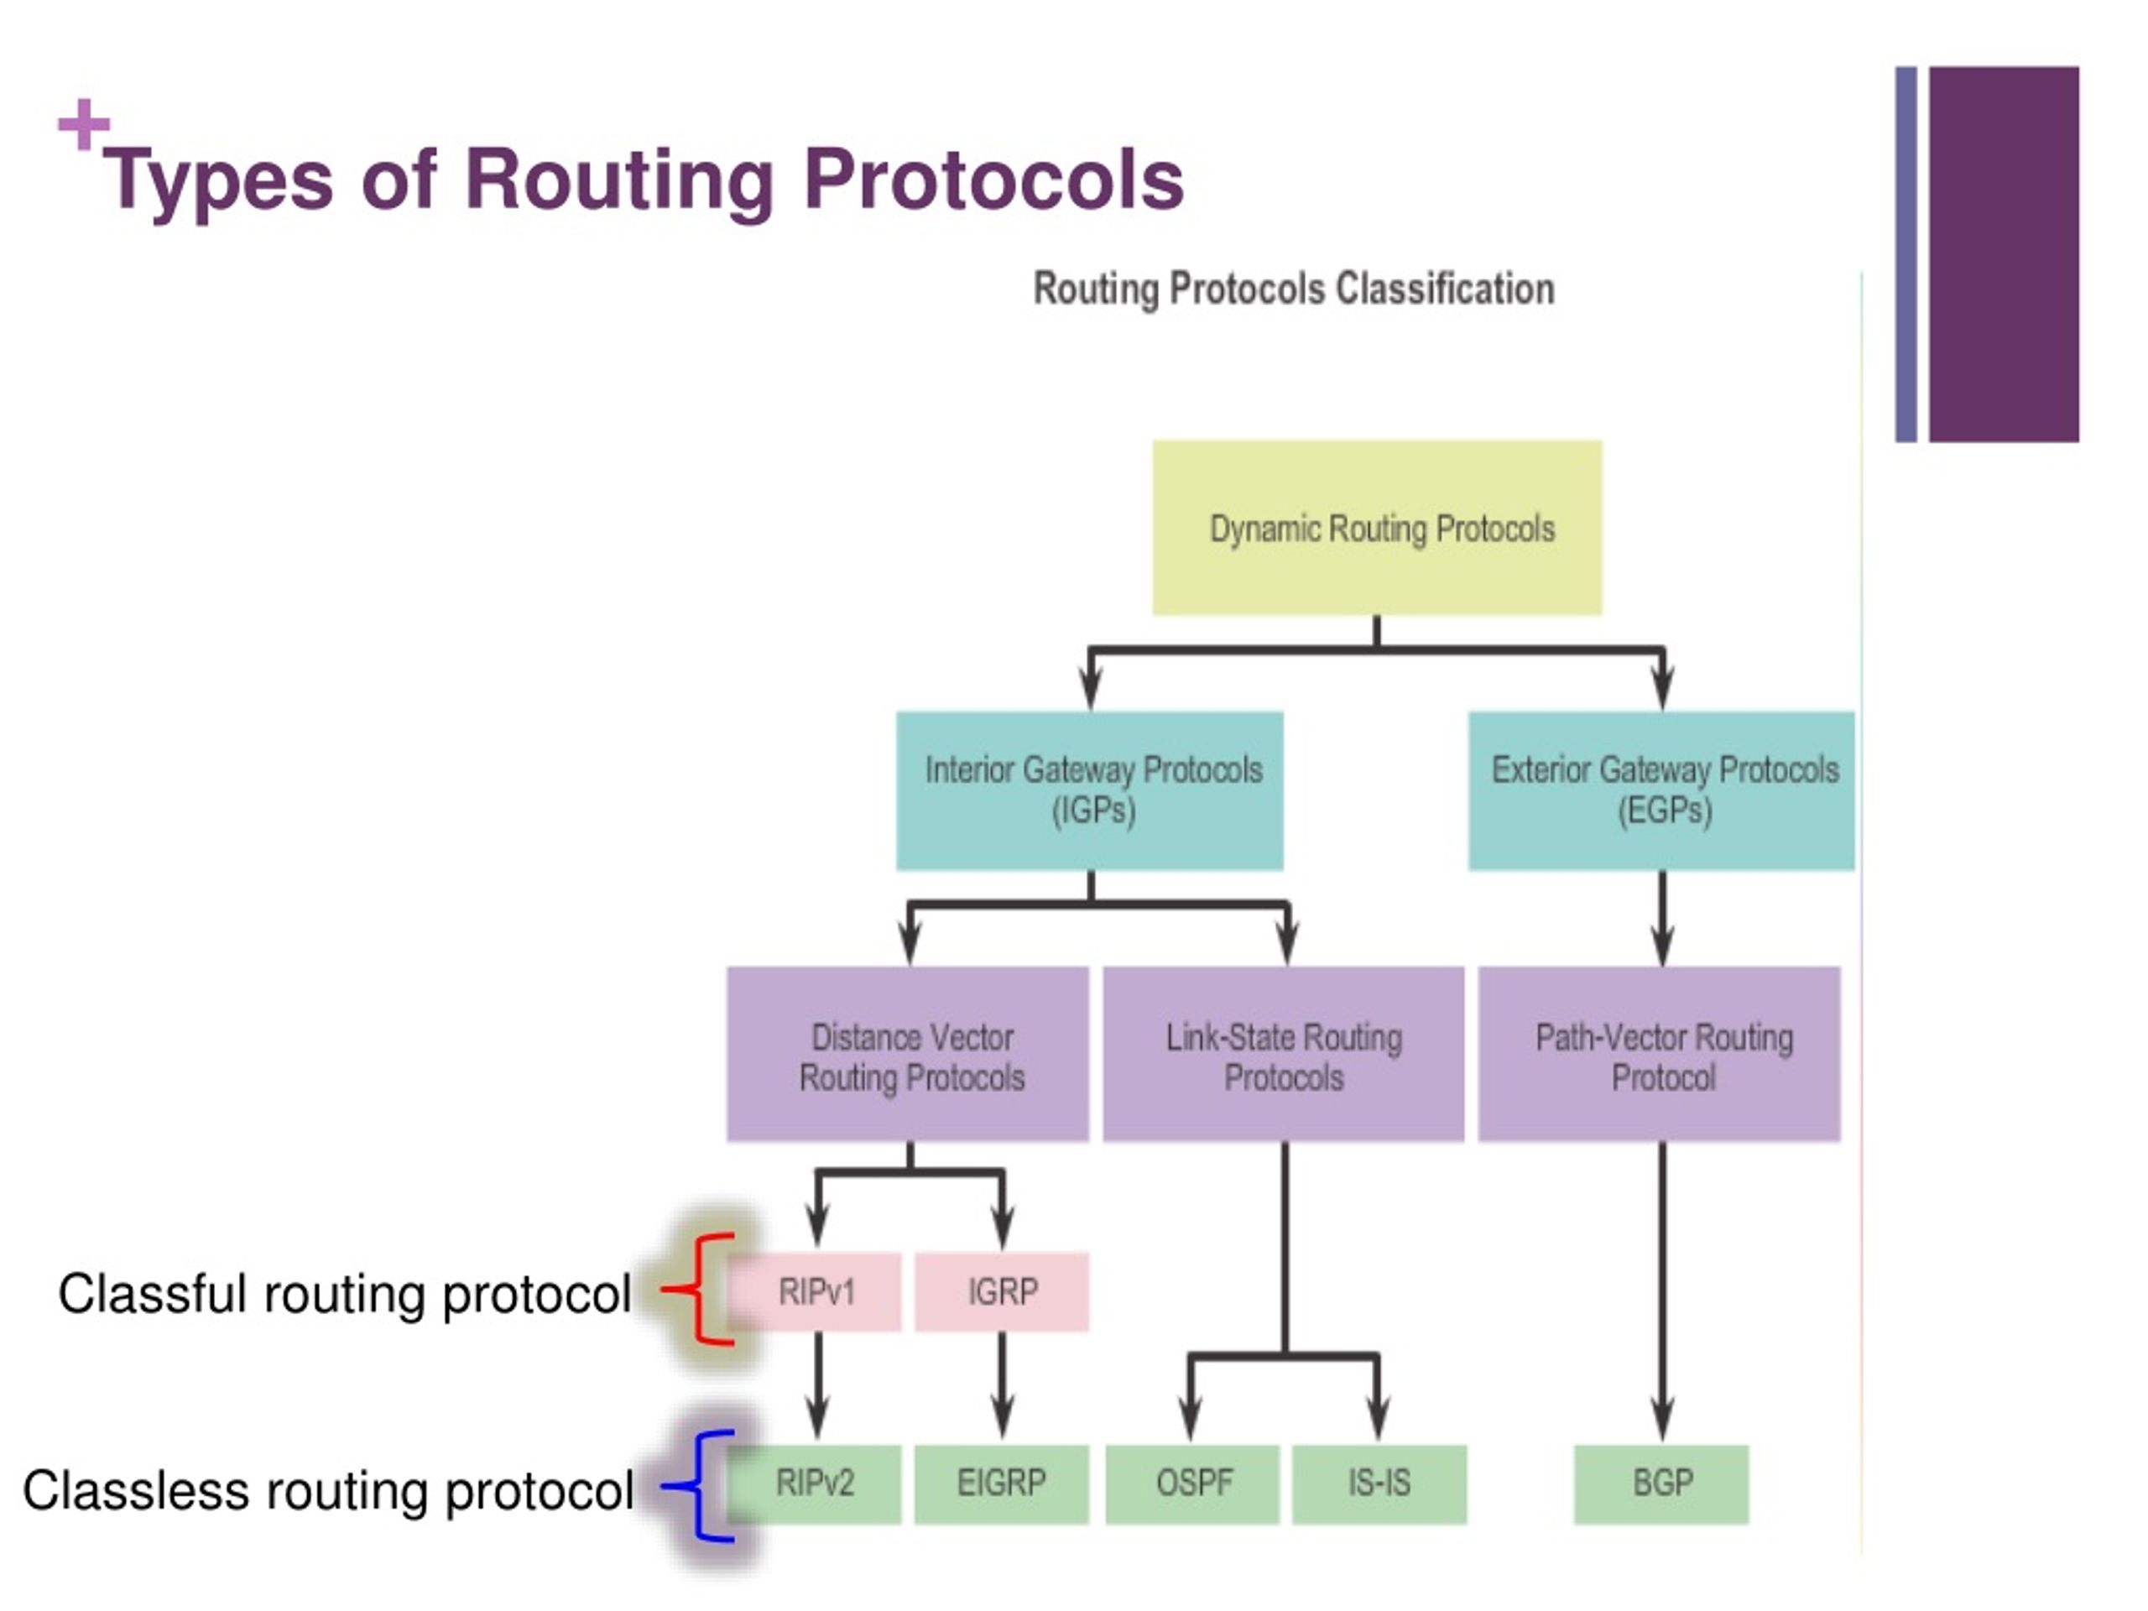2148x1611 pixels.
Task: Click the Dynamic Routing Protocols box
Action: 1377,527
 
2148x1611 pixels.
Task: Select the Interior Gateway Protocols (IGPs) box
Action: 1090,790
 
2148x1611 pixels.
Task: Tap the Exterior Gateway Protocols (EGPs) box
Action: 1661,790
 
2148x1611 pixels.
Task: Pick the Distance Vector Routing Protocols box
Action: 908,1055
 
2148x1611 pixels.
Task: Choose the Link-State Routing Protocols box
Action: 1284,1055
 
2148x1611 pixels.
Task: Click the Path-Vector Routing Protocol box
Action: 1660,1055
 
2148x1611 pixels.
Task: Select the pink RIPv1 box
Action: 816,1292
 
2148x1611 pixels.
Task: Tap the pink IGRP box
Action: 1002,1292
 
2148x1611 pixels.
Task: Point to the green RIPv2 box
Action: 816,1483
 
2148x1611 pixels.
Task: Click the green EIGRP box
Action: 1002,1483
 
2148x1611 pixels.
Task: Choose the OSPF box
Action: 1193,1483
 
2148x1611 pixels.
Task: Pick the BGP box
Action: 1661,1483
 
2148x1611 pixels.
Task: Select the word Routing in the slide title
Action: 618,180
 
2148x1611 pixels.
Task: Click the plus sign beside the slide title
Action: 84,124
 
